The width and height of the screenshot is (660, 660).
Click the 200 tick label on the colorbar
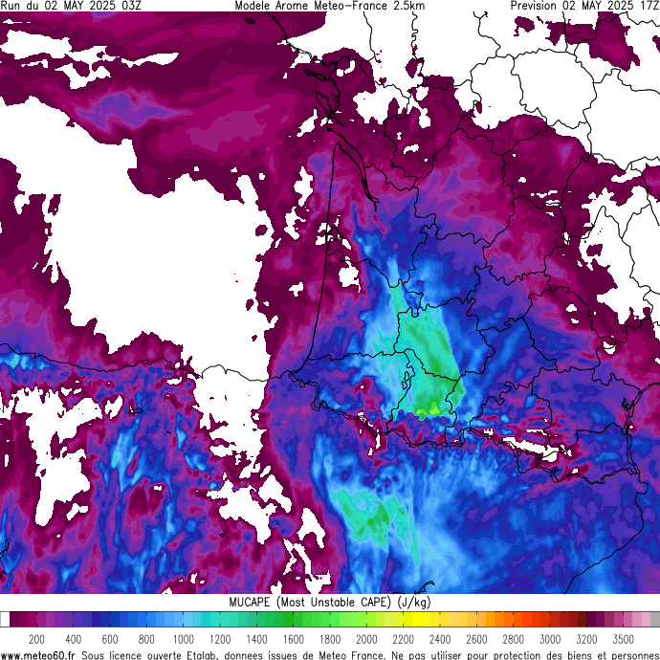(36, 639)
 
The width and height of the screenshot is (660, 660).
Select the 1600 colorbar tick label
(293, 639)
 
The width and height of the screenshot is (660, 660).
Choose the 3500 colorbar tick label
(623, 639)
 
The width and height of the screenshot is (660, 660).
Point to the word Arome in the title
(296, 6)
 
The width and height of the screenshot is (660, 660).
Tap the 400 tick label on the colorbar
(73, 639)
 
